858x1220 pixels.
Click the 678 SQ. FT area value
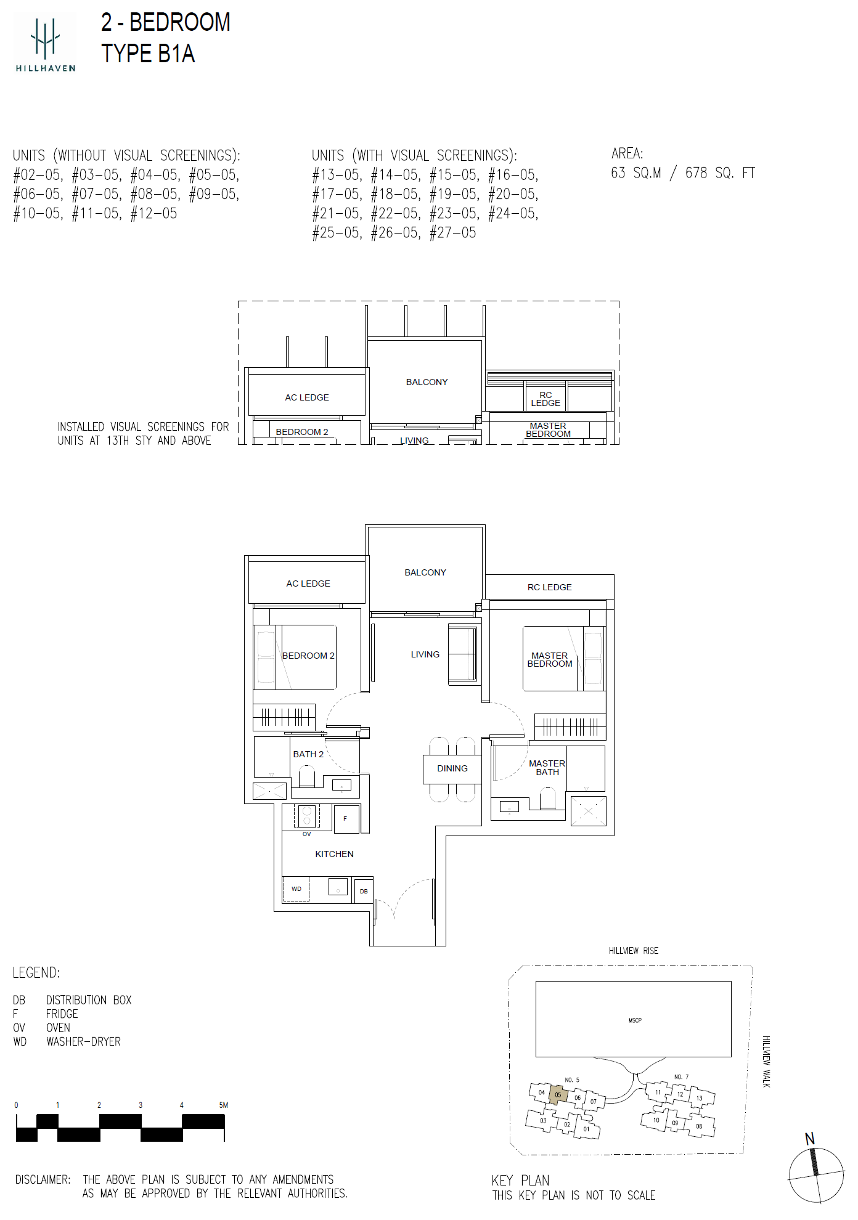click(719, 173)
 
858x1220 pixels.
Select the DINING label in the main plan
click(452, 768)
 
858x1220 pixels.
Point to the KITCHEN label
click(334, 854)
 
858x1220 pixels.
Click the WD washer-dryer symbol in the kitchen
click(296, 889)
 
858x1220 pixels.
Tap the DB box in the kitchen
click(364, 891)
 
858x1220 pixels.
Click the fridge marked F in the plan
click(345, 818)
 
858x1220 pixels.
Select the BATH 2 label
click(308, 754)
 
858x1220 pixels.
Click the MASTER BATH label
click(547, 768)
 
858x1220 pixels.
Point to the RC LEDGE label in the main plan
click(549, 587)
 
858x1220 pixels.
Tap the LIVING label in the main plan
click(425, 654)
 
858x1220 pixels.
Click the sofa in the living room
click(463, 654)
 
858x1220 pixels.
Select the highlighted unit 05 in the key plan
click(558, 1095)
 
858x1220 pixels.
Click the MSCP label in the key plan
click(635, 1020)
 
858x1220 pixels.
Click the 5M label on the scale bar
click(223, 1105)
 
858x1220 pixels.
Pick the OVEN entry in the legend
click(58, 1028)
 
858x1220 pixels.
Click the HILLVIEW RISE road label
click(633, 951)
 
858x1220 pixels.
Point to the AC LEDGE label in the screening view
click(307, 397)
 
